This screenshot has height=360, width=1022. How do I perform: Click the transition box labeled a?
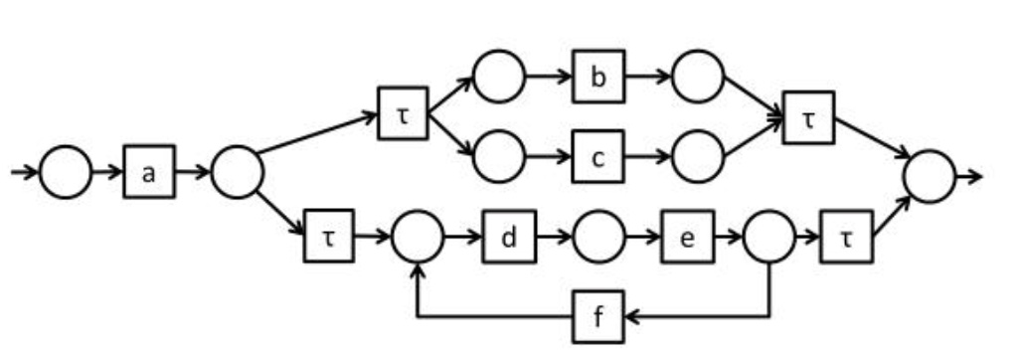click(149, 172)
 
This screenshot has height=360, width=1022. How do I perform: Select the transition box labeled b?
click(598, 78)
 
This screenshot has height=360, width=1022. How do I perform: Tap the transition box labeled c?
click(598, 156)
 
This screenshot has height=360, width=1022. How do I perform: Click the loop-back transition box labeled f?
click(598, 319)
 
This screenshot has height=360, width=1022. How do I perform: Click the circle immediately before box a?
click(66, 172)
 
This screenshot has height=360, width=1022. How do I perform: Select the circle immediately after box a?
click(237, 172)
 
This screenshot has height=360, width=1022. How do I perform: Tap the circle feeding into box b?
click(499, 78)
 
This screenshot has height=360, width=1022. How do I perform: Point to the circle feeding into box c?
click(499, 156)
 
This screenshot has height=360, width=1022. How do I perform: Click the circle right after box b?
click(698, 78)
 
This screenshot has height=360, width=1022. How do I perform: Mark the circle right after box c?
click(698, 156)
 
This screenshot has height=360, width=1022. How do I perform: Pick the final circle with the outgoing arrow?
click(930, 176)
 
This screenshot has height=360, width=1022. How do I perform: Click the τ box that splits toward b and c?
click(403, 113)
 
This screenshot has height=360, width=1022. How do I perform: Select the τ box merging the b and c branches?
click(808, 116)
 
